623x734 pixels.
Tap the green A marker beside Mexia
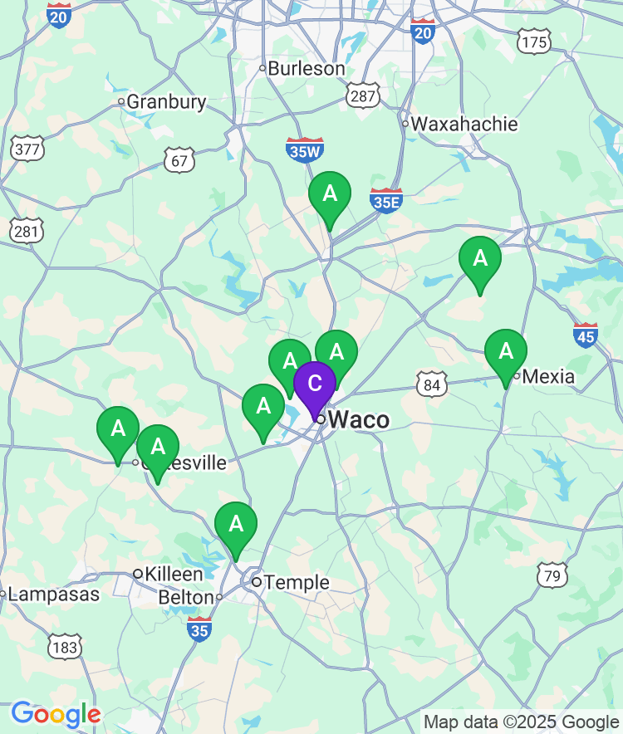pyautogui.click(x=506, y=351)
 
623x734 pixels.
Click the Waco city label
pyautogui.click(x=358, y=419)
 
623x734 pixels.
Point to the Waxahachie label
pyautogui.click(x=464, y=124)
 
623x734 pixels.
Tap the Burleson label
pyautogui.click(x=307, y=68)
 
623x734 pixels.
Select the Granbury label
pyautogui.click(x=166, y=101)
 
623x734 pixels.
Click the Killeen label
pyautogui.click(x=174, y=574)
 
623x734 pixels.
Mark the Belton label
pyautogui.click(x=186, y=597)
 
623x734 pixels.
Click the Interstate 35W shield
pyautogui.click(x=304, y=149)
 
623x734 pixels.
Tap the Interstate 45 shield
pyautogui.click(x=586, y=335)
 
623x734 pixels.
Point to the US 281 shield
pyautogui.click(x=26, y=230)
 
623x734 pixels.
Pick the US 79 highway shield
pyautogui.click(x=552, y=574)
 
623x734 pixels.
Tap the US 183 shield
pyautogui.click(x=65, y=647)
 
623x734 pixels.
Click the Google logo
pyautogui.click(x=56, y=714)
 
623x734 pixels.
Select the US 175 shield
pyautogui.click(x=532, y=41)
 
